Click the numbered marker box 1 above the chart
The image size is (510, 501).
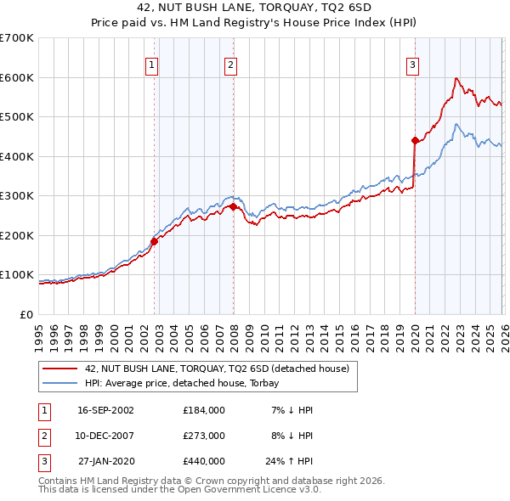pyautogui.click(x=151, y=64)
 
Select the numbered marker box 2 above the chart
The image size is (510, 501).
pyautogui.click(x=230, y=64)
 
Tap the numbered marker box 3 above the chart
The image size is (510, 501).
pyautogui.click(x=412, y=64)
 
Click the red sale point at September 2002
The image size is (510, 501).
pyautogui.click(x=154, y=241)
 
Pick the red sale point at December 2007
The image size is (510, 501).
pyautogui.click(x=233, y=206)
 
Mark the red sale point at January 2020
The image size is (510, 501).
pyautogui.click(x=415, y=140)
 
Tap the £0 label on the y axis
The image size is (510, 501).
pyautogui.click(x=26, y=314)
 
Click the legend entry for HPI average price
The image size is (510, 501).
pyautogui.click(x=188, y=384)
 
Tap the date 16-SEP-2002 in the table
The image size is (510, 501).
pyautogui.click(x=105, y=410)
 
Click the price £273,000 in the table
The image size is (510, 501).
pyautogui.click(x=203, y=436)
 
